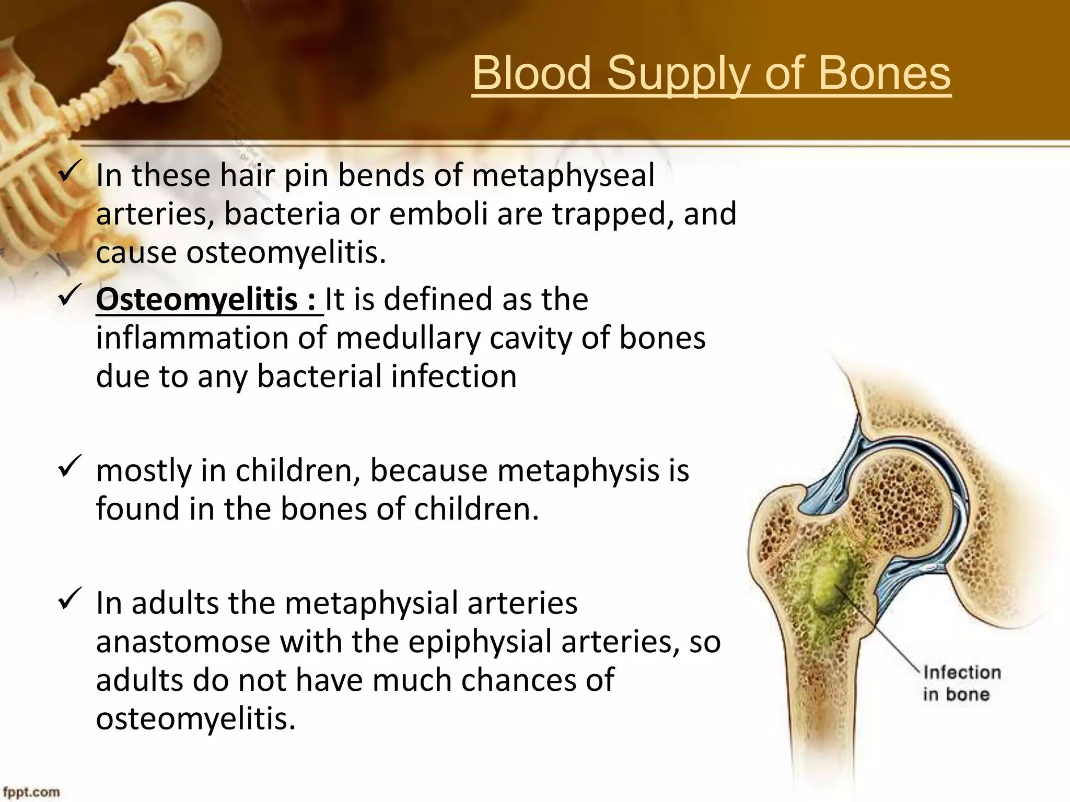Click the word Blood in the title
(532, 74)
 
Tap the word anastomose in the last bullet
(183, 642)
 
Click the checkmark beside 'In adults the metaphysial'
(69, 598)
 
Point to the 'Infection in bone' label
(962, 683)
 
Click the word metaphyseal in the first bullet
(563, 176)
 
